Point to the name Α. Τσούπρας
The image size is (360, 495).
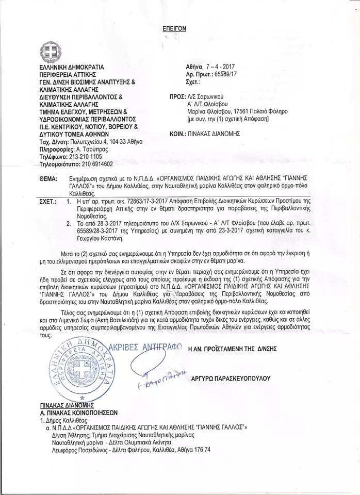point(93,148)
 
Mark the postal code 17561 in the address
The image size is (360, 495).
point(242,111)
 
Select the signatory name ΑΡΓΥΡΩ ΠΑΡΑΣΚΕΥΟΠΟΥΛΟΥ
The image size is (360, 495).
point(231,378)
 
